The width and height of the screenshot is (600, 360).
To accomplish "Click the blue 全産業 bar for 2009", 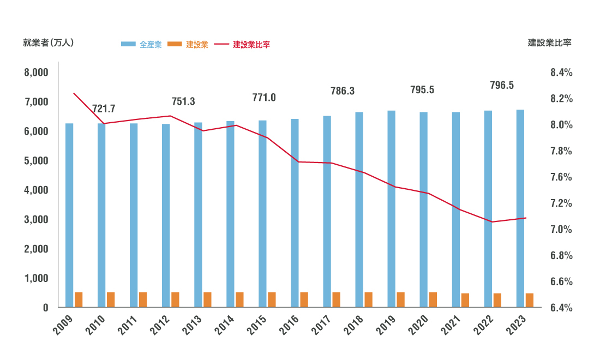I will tap(69, 215).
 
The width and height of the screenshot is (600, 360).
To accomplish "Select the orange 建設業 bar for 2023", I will tap(530, 301).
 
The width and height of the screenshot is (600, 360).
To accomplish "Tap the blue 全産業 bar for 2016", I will tap(295, 213).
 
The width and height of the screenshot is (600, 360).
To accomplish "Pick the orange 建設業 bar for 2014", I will tap(239, 300).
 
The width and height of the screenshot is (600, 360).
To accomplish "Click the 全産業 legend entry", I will tap(141, 45).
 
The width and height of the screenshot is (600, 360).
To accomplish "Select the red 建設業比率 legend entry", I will tap(242, 45).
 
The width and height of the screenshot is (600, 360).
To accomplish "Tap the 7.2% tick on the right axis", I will tap(561, 203).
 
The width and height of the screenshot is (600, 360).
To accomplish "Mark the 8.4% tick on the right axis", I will tap(561, 73).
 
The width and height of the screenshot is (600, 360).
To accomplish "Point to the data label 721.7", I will tap(104, 109).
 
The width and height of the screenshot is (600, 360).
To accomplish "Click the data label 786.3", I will tap(343, 91).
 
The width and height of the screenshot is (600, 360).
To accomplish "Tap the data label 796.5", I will tap(502, 86).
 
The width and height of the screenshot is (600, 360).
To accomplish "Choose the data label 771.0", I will tap(264, 98).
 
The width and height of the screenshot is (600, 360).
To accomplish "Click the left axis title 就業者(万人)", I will tap(48, 43).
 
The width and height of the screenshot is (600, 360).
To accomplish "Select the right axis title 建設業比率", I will tap(550, 43).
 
